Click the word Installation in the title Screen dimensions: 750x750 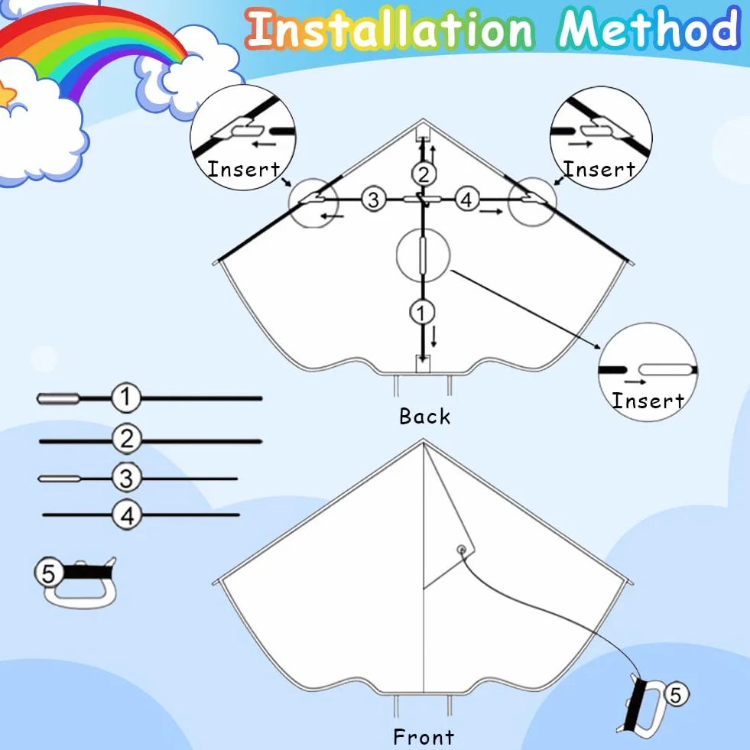pos(390,30)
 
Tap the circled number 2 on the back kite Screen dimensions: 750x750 pos(424,174)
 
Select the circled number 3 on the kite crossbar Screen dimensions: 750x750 pos(374,199)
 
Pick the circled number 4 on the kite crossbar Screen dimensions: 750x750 pos(467,199)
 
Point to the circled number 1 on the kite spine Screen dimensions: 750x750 pos(422,313)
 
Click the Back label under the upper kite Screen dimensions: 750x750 pos(425,416)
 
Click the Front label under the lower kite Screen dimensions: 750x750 pos(424,736)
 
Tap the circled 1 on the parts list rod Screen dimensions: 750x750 pos(126,397)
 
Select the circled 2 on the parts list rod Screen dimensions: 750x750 pos(127,439)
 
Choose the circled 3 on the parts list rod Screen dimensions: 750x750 pos(127,477)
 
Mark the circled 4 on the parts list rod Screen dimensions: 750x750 pos(127,515)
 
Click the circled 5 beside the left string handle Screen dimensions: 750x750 pos(49,573)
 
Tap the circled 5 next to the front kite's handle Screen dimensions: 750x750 pos(675,694)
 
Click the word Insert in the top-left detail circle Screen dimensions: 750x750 pos(243,169)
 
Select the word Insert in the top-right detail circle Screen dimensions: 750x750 pos(599,169)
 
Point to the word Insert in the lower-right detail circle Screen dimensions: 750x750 pos(648,401)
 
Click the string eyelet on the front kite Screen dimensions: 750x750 pos(462,550)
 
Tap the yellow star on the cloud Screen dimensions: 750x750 pos(6,94)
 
